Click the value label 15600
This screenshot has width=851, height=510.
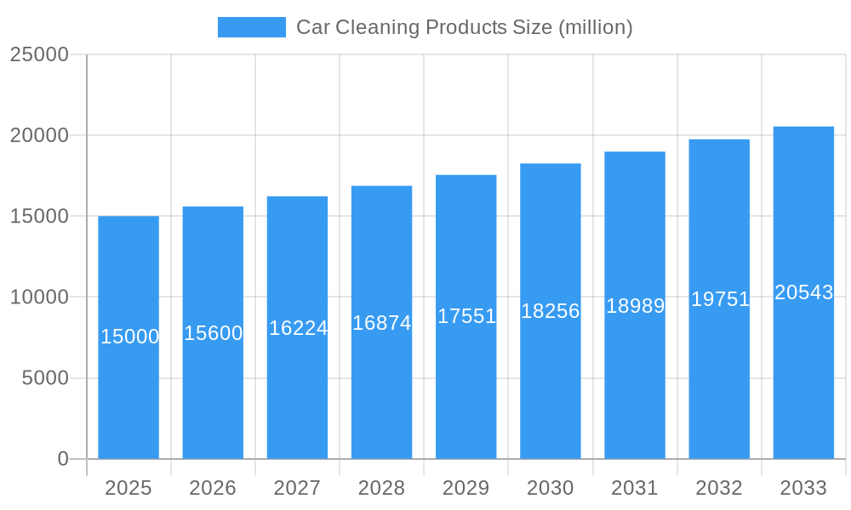(x=214, y=333)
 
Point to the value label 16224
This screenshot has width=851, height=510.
(x=298, y=328)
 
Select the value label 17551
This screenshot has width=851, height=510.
(x=466, y=316)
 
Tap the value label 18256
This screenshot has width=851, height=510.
(x=551, y=311)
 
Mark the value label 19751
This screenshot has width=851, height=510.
(x=720, y=299)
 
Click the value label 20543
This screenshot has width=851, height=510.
(x=804, y=292)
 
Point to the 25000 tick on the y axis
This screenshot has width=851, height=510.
(x=39, y=54)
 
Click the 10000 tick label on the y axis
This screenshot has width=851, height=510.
(x=39, y=297)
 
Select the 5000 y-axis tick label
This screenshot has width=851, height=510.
(x=45, y=378)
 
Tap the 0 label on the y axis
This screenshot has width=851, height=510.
(x=63, y=459)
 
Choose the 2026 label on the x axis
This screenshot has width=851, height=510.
(x=213, y=488)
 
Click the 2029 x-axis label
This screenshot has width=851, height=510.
(x=466, y=488)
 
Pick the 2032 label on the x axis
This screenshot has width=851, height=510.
(x=719, y=488)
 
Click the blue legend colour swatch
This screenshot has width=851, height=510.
(x=252, y=27)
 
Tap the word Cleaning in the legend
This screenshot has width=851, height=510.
(x=377, y=27)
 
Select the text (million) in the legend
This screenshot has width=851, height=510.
(x=595, y=27)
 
